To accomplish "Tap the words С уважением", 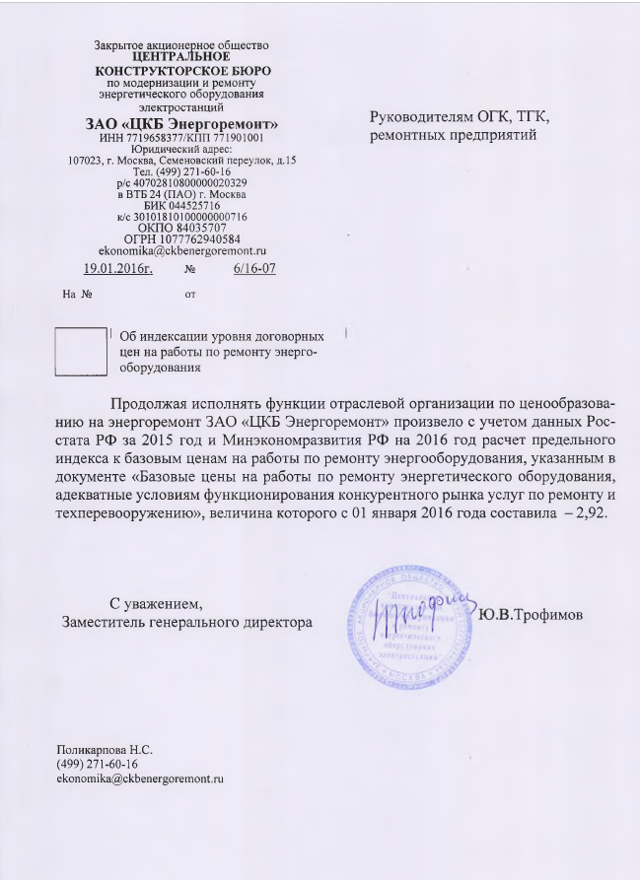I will coord(157,602).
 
